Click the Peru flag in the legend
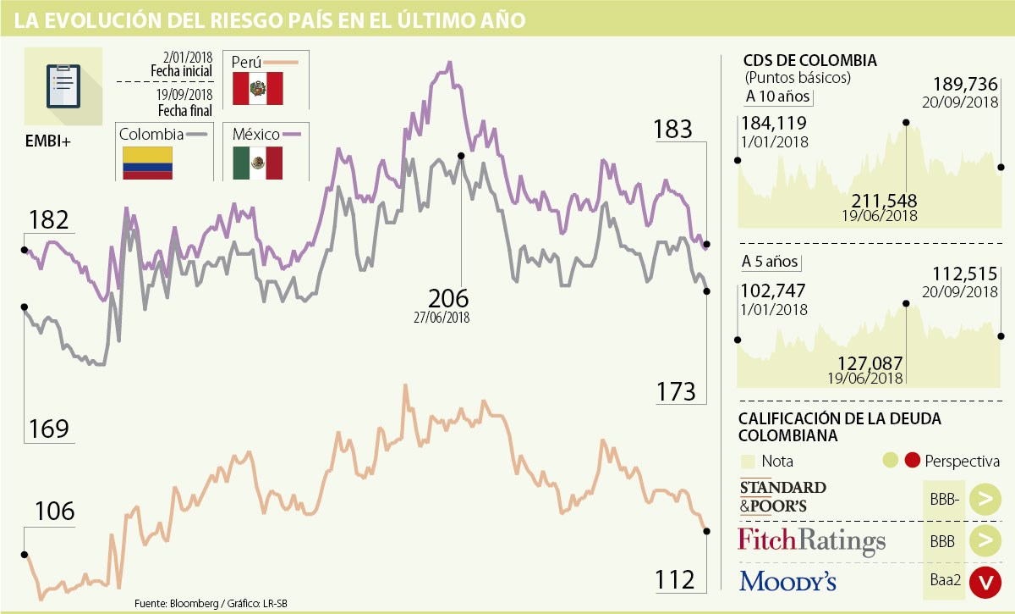[257, 88]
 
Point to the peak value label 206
[448, 299]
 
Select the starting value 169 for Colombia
[48, 429]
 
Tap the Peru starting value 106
[55, 512]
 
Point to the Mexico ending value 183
[673, 130]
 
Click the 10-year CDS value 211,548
[885, 201]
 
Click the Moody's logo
[787, 581]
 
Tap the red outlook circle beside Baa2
[985, 582]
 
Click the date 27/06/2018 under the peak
[442, 318]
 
